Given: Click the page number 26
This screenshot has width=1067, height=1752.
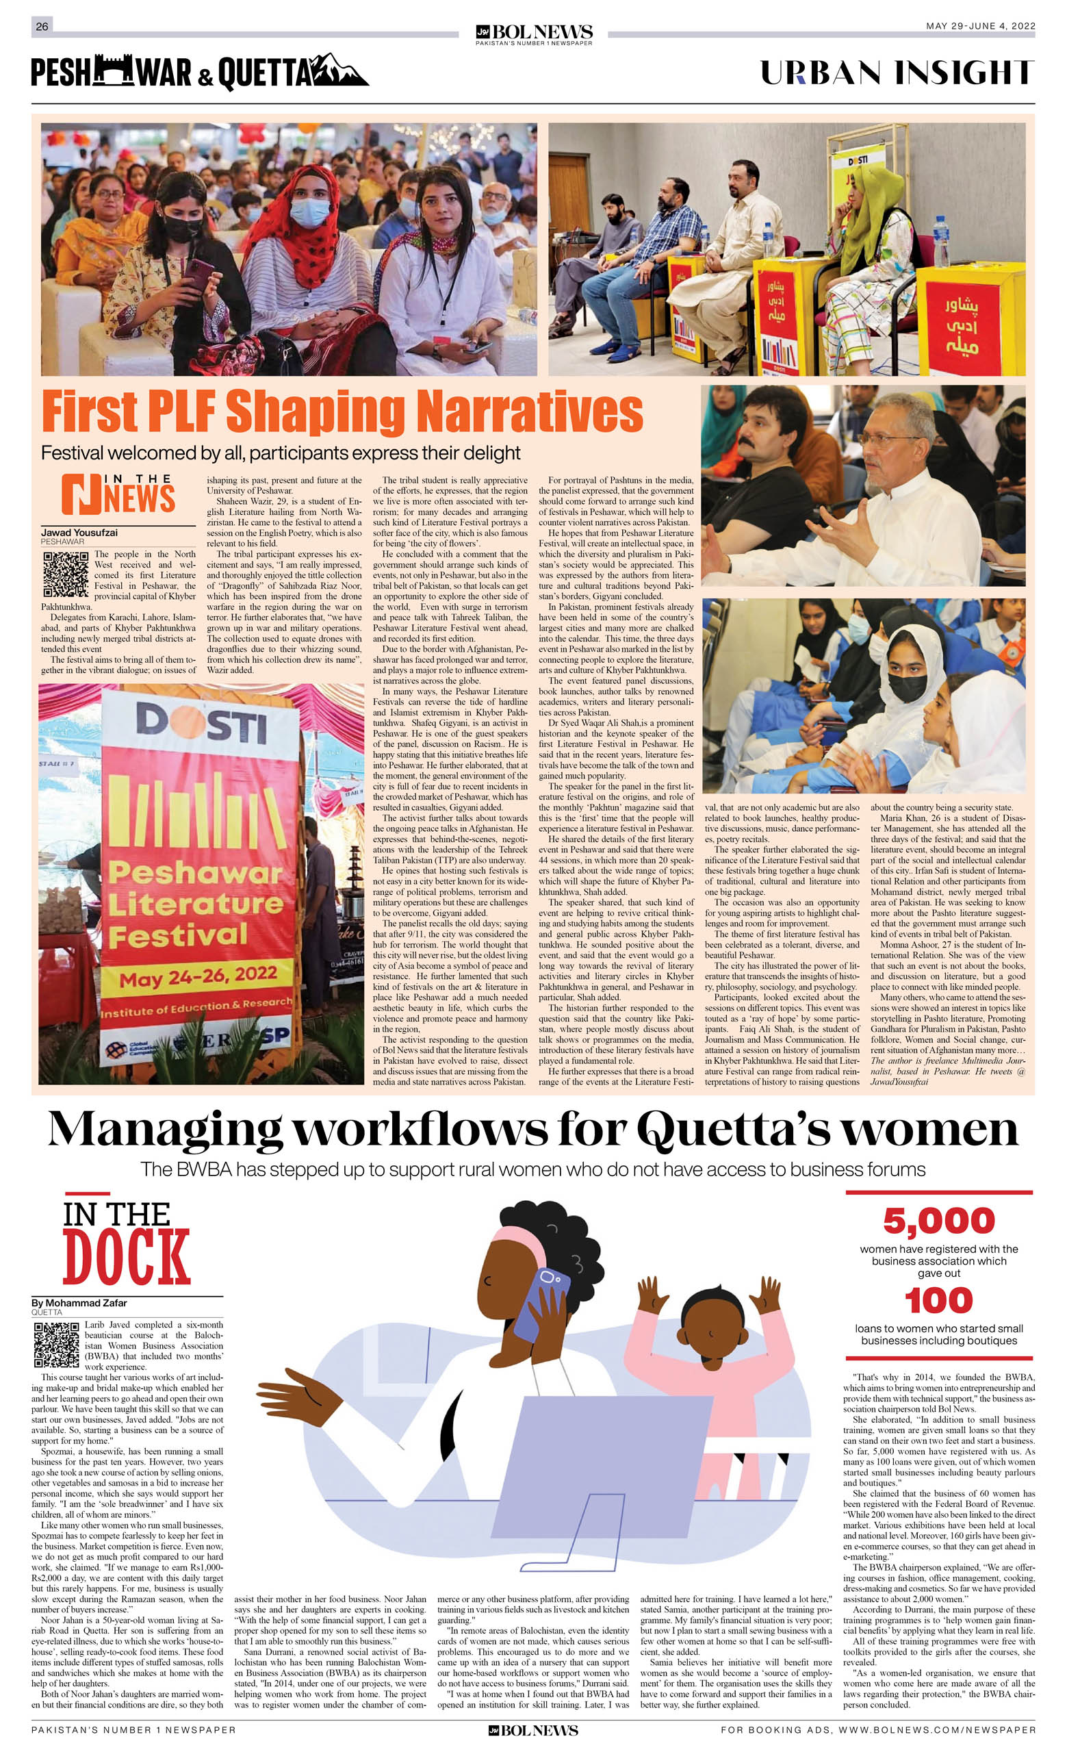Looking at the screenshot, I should pos(42,26).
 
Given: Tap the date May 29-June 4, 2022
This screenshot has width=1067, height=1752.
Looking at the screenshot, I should pos(979,26).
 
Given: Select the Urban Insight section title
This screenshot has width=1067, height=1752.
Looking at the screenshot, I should pos(897,73).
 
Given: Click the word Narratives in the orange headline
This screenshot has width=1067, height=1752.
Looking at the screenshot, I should pos(529,411).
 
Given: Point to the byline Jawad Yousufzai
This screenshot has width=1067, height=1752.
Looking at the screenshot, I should pos(79,533).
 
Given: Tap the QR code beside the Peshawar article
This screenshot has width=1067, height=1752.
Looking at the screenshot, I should pos(66,574).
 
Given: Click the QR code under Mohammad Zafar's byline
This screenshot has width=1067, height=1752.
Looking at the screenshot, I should pos(56,1345).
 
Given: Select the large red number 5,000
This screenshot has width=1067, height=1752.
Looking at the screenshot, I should pos(938,1221).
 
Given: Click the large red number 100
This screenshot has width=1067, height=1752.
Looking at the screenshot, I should pos(938,1302).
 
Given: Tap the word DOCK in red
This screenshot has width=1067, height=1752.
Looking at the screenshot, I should pos(127,1258).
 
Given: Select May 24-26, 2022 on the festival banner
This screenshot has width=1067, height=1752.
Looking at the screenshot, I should pos(198,977).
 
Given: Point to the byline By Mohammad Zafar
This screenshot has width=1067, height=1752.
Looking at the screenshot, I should pos(79,1304).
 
